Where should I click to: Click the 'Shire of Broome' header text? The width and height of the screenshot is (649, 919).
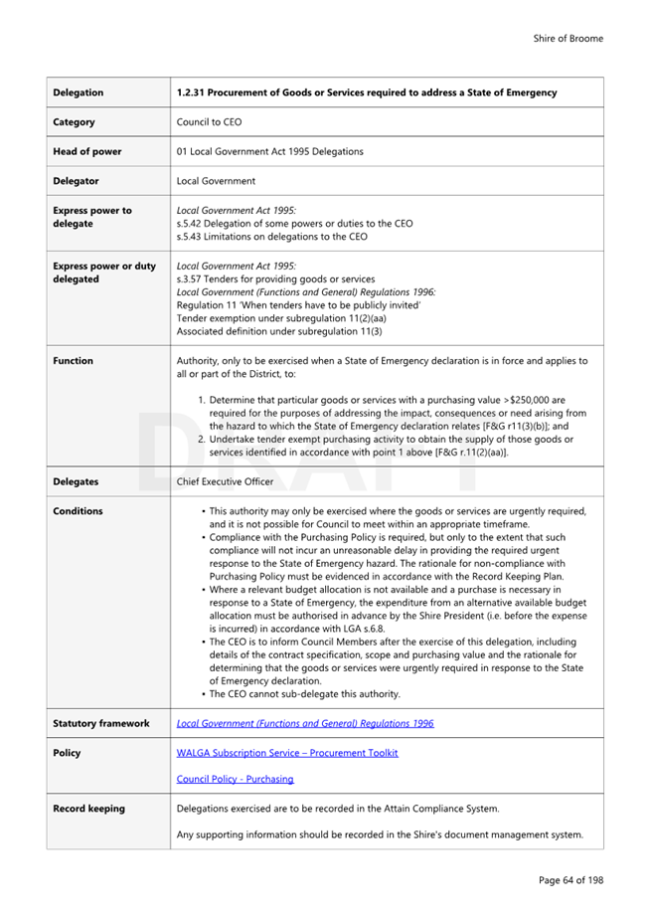point(568,39)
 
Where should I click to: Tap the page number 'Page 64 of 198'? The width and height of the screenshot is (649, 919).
point(570,880)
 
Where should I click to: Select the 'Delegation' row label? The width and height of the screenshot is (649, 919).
point(78,92)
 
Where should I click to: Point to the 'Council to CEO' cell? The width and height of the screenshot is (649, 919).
point(208,122)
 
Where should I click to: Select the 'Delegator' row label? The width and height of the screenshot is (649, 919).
point(76,181)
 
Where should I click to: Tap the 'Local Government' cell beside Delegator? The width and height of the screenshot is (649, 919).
point(216,181)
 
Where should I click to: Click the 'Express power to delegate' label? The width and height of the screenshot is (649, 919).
point(91,217)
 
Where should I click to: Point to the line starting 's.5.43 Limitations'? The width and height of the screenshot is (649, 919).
point(271,237)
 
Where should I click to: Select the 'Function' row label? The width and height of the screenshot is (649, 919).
point(73,361)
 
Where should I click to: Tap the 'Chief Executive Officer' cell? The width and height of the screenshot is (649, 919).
point(225,481)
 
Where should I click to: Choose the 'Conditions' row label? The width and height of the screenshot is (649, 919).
point(78,511)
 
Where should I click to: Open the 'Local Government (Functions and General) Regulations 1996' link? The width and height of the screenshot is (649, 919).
point(305,724)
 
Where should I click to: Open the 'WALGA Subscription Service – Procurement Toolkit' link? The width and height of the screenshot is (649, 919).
point(287,753)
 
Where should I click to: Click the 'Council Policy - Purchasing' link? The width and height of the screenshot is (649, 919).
point(235,779)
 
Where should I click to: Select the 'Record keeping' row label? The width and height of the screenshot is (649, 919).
point(88,809)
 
